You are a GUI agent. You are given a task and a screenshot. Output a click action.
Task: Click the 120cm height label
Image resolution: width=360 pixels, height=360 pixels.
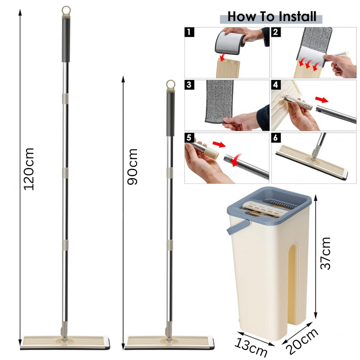[29, 169]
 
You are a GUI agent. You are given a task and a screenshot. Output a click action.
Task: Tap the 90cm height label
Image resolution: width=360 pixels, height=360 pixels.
[132, 166]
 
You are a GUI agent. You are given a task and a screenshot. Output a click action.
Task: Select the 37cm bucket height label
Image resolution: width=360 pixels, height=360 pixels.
[325, 253]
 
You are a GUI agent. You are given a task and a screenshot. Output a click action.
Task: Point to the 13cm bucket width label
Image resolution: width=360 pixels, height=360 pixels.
[251, 346]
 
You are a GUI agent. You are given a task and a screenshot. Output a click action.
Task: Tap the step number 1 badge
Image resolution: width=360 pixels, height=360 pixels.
[189, 32]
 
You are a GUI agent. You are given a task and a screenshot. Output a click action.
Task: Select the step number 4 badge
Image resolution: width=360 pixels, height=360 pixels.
[275, 84]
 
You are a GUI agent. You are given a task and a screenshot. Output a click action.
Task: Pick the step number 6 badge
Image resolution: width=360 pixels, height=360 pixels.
[275, 137]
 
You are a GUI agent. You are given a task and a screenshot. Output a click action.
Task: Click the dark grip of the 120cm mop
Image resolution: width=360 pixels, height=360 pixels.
[66, 40]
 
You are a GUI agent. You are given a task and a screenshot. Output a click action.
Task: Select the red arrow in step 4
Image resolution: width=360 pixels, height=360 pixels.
[322, 99]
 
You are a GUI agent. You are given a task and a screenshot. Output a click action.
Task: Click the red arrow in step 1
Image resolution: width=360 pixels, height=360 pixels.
[222, 57]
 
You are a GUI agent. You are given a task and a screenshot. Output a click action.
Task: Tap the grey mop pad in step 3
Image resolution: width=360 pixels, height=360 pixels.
[219, 101]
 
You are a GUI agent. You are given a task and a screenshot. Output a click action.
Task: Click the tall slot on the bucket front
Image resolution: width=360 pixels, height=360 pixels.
[294, 284]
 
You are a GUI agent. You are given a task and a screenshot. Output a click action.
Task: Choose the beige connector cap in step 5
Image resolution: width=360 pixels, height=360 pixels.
[212, 152]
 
